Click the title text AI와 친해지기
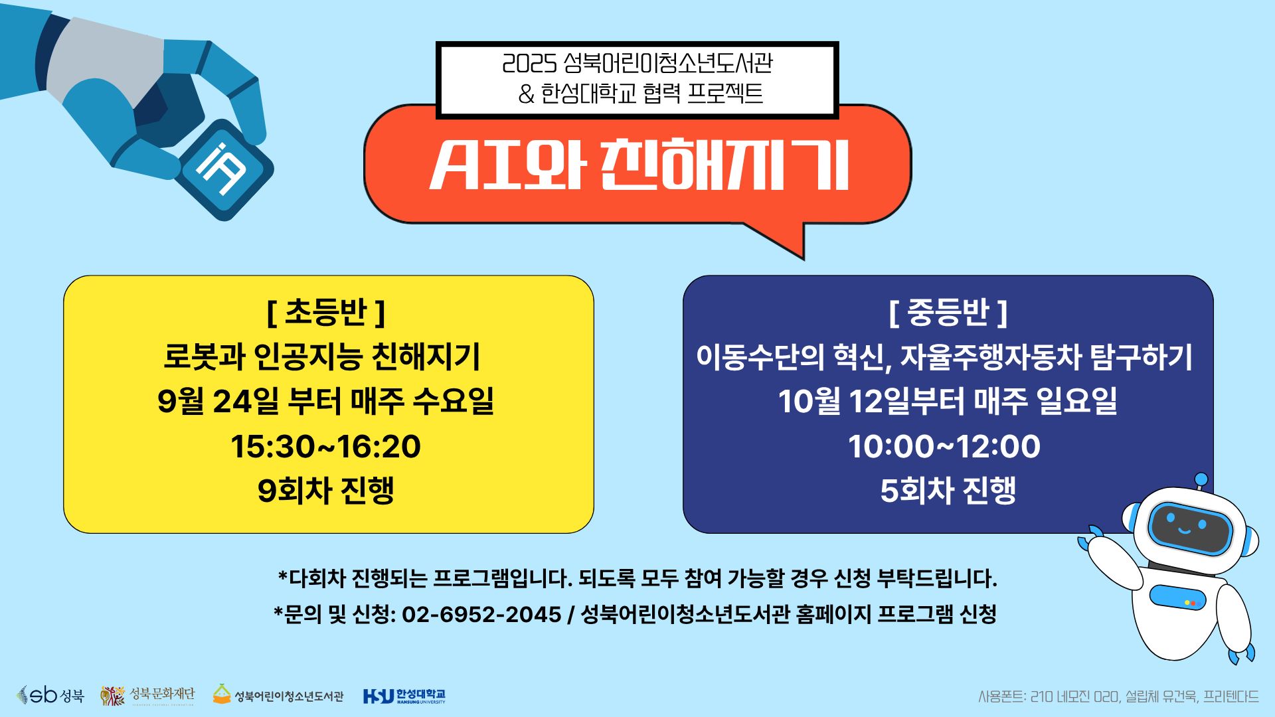tap(638, 165)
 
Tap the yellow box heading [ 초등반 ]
tap(326, 313)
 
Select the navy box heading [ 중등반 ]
tap(948, 313)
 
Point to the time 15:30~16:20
tap(326, 447)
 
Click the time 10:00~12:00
tap(944, 447)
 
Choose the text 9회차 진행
tap(326, 491)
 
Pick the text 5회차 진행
tap(948, 491)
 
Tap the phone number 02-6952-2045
tap(481, 615)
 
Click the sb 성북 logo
tap(50, 695)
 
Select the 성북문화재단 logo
tap(148, 695)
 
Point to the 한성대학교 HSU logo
tap(404, 696)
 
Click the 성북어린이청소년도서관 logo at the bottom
tap(278, 695)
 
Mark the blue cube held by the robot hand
tap(224, 169)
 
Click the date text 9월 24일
tap(218, 402)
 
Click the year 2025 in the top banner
tap(529, 64)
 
